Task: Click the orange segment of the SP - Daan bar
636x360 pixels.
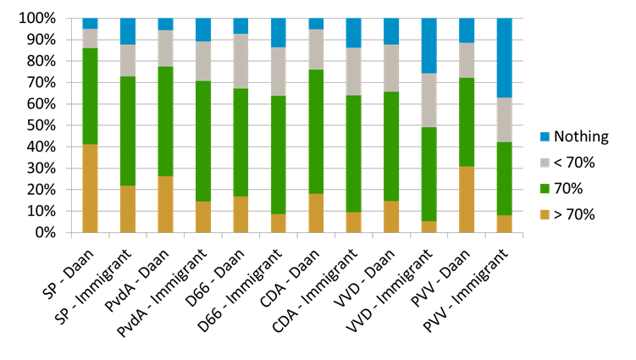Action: coord(90,188)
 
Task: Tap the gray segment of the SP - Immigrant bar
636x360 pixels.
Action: coord(128,60)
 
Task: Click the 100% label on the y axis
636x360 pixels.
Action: coord(39,19)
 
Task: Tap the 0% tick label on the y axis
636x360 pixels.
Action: coord(47,232)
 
